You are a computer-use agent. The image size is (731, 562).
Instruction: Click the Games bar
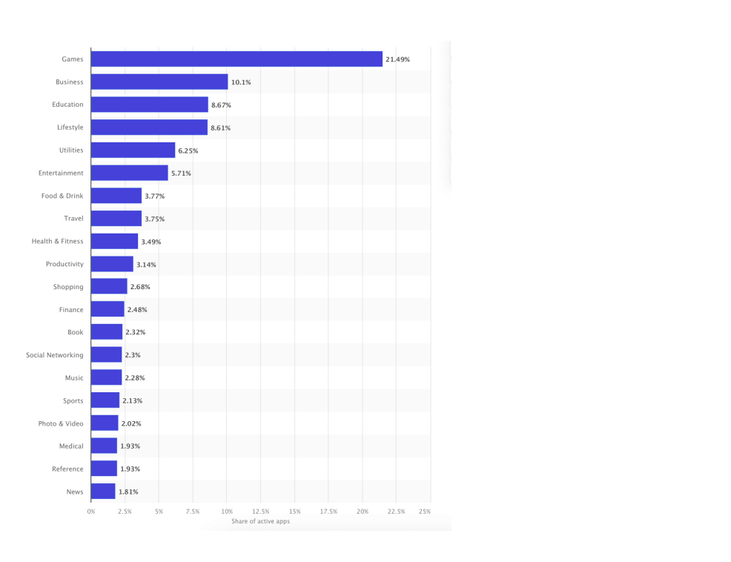pos(236,59)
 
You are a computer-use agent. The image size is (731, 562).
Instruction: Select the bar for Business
pos(159,82)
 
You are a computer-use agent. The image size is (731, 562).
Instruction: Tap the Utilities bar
pos(133,151)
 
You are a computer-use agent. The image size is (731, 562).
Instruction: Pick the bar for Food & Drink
pos(116,196)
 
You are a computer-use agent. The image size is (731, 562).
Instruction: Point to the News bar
pos(103,492)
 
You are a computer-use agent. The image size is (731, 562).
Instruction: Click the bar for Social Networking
pos(106,355)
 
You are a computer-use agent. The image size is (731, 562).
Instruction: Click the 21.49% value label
pos(397,59)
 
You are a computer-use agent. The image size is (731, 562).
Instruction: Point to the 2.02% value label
pos(131,424)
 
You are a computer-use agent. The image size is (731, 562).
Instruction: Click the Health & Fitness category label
pos(57,242)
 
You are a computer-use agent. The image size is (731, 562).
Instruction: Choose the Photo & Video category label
pos(61,424)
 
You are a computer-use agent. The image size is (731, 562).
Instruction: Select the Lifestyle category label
pos(70,128)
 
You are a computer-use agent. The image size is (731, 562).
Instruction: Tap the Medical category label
pos(71,446)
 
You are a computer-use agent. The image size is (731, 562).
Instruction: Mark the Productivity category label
pos(64,265)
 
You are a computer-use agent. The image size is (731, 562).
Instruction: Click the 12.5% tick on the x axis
pos(261,512)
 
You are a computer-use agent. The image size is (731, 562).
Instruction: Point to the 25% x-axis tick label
pos(425,512)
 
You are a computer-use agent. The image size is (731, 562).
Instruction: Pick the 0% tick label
pos(91,512)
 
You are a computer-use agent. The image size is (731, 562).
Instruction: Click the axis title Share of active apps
pos(260,522)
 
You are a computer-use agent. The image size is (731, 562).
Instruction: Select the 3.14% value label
pos(146,265)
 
